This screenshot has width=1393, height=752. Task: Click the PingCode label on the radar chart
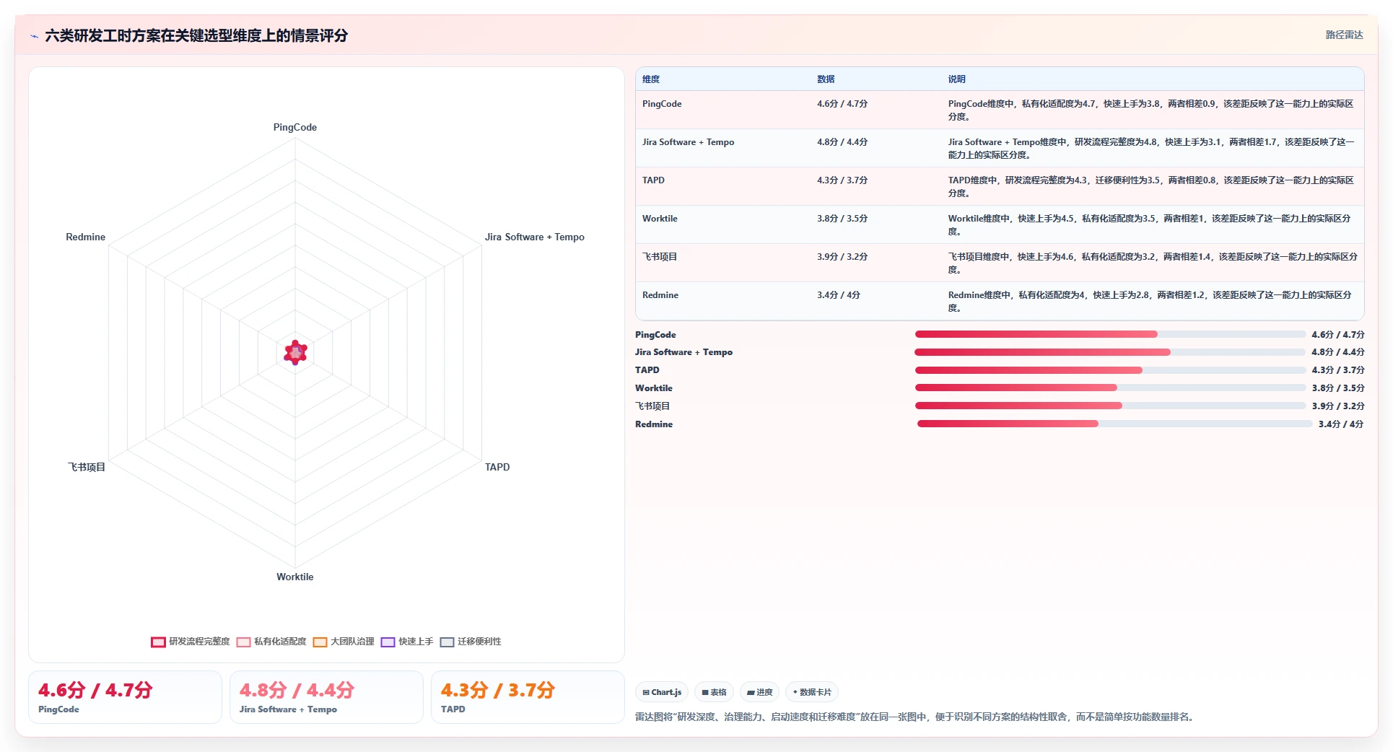click(x=294, y=127)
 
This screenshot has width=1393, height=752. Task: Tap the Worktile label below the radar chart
click(x=294, y=577)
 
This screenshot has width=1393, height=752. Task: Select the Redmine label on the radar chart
click(x=85, y=237)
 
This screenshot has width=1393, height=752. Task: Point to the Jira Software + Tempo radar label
click(x=534, y=237)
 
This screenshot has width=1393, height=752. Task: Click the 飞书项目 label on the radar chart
click(x=87, y=467)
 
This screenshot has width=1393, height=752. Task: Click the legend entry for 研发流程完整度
click(x=191, y=642)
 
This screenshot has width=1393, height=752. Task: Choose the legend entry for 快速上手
click(x=407, y=642)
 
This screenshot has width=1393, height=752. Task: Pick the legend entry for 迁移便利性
click(x=471, y=642)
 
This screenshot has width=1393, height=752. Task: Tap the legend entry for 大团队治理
click(x=344, y=642)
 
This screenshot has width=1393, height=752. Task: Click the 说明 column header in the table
click(x=956, y=79)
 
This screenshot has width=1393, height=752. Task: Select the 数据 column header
click(x=826, y=79)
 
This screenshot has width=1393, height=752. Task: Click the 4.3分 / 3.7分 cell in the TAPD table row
click(x=842, y=180)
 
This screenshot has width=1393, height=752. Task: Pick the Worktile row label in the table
click(x=660, y=219)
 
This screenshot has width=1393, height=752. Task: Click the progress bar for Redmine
click(x=1114, y=424)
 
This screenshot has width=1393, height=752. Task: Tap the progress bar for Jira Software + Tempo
click(x=1110, y=352)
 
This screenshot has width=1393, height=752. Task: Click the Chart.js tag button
click(x=662, y=692)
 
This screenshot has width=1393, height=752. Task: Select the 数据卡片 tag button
click(x=812, y=692)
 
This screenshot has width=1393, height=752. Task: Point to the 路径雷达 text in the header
click(x=1344, y=35)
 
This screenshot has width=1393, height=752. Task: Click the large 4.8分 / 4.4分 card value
click(x=297, y=690)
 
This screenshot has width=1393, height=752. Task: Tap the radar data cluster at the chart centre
click(x=295, y=352)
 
